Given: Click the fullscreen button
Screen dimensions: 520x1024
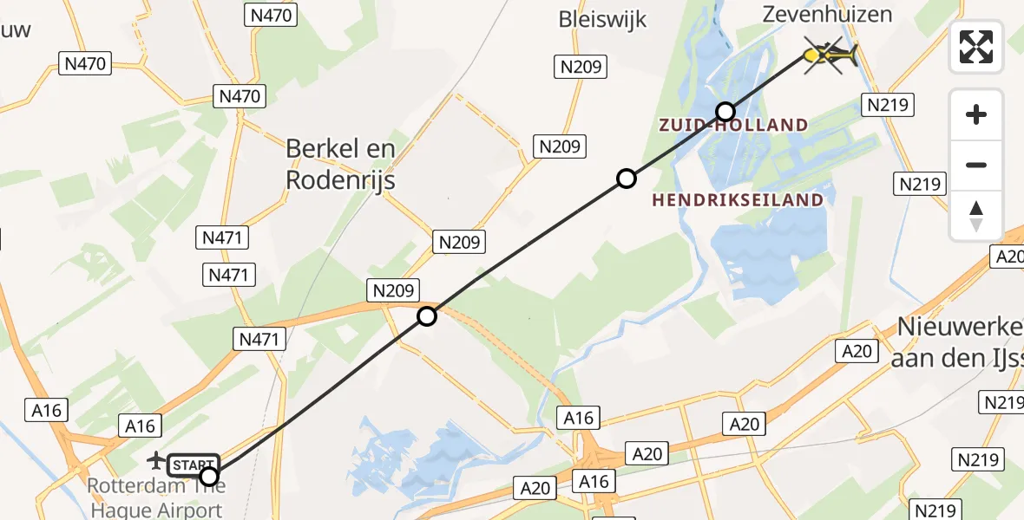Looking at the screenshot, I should [976, 47].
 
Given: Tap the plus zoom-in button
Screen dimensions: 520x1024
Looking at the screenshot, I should [976, 114].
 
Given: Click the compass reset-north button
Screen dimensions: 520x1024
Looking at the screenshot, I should [976, 216].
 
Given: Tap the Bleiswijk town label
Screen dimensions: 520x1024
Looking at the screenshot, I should [603, 19].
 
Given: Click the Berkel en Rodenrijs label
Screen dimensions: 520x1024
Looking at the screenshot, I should [340, 164].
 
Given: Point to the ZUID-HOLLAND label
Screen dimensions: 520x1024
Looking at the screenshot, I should [733, 126].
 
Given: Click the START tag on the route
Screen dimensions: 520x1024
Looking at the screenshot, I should [193, 465].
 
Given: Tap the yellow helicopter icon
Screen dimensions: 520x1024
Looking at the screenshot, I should [829, 56].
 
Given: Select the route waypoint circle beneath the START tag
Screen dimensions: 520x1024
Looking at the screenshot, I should [208, 476].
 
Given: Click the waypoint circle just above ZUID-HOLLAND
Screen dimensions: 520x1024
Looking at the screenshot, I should [725, 111].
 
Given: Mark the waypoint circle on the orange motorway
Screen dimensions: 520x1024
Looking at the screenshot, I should [426, 316].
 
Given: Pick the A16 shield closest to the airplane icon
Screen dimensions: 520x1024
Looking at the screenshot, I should [140, 426].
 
